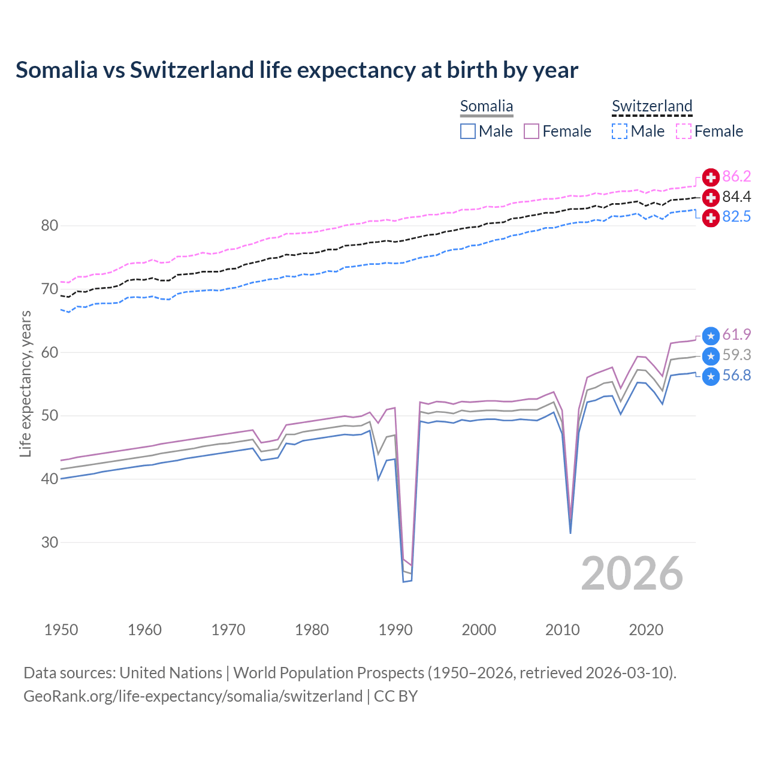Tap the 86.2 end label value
[736, 177]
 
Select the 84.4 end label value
[736, 197]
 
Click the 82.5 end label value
[736, 217]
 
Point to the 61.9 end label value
[736, 335]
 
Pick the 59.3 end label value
[736, 355]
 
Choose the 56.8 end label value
[736, 376]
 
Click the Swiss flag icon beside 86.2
[711, 177]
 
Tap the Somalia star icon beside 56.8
[711, 376]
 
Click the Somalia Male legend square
[468, 131]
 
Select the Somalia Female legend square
[532, 131]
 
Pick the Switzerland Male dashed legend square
[620, 131]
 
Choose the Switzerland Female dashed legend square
[684, 131]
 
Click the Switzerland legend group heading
[652, 107]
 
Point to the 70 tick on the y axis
[50, 289]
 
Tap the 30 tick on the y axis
[50, 543]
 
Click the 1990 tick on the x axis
[395, 630]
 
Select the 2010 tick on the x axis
[563, 630]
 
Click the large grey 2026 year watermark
[632, 573]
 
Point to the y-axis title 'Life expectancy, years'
[26, 383]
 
